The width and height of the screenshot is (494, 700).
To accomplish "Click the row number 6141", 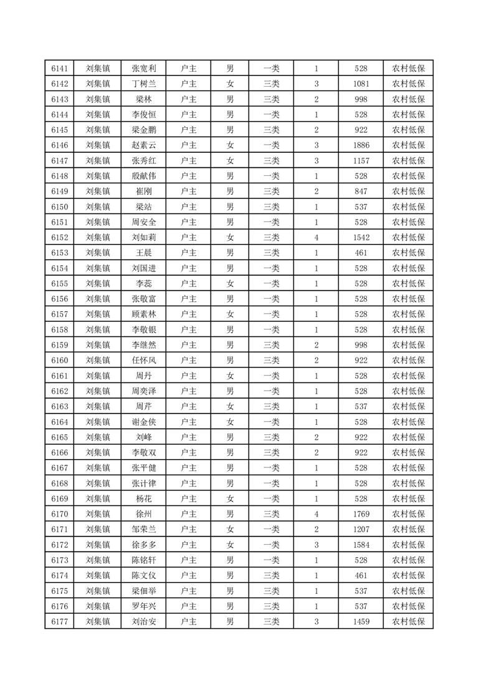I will coord(59,69).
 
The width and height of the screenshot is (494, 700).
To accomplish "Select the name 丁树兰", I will coord(144,84).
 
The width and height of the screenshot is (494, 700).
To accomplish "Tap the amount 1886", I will coord(361,145).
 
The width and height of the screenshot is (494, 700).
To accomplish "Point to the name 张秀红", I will coord(144,161).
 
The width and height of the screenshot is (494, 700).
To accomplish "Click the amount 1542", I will coord(361,238).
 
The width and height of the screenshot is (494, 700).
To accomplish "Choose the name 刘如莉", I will coord(144,238).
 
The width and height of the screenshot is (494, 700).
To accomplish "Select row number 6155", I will coord(59,284).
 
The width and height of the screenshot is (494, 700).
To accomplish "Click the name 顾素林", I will coord(144,314).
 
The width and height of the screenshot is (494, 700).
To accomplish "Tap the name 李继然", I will coord(144,345).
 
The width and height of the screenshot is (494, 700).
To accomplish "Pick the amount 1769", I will coord(361,514).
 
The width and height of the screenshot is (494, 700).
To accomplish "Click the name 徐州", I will coord(144,514).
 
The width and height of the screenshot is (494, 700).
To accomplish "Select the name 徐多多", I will coord(144,545).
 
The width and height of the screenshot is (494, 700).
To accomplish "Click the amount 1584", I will coord(361,545).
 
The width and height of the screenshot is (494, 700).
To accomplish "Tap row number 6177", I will coord(59,621).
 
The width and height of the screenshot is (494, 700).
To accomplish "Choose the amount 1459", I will coord(361,621).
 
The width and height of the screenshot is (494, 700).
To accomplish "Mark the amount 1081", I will coord(361,84).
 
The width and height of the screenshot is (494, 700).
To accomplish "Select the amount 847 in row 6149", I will coord(361,192).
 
